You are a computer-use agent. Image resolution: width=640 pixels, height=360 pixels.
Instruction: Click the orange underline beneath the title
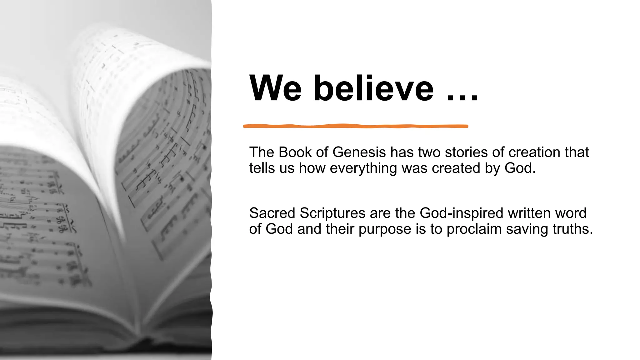tap(356, 126)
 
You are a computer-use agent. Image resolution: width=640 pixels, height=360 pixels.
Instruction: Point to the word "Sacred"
tap(272, 213)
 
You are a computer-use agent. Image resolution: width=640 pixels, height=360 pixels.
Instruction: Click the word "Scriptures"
tap(332, 213)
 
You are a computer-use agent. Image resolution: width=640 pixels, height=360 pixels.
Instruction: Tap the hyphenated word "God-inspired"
tap(461, 213)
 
